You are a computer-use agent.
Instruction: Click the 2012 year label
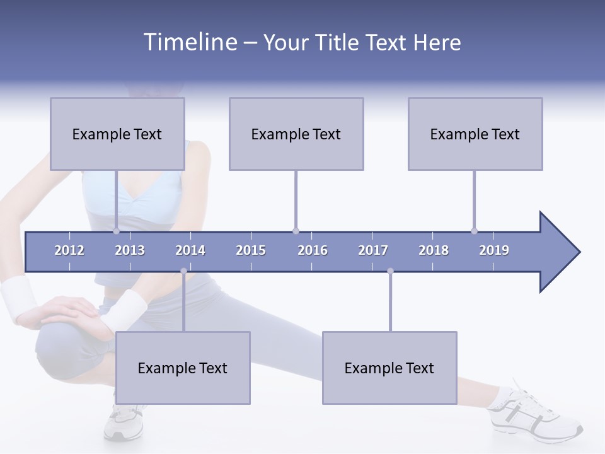(69, 250)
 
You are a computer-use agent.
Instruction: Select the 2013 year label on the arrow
(130, 250)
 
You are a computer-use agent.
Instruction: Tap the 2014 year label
(190, 250)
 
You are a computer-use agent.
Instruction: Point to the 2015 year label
(251, 250)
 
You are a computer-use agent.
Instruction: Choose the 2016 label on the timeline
(313, 250)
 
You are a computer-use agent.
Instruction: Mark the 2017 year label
(373, 250)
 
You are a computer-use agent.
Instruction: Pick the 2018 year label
(434, 250)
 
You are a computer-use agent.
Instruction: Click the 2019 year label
(494, 250)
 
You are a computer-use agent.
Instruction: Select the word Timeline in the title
(189, 42)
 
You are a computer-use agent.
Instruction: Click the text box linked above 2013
(117, 134)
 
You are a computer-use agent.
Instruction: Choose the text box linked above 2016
(296, 134)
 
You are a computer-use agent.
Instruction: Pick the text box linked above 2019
(475, 134)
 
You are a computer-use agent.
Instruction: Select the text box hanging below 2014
(183, 368)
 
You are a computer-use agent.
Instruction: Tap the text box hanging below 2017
(389, 368)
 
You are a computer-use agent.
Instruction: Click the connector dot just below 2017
(390, 271)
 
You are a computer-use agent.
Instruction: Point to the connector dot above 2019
(475, 231)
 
